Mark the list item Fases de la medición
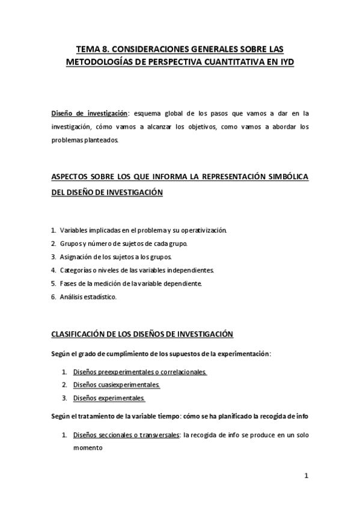click(130, 283)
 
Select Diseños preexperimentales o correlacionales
click(139, 372)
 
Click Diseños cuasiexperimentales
click(117, 386)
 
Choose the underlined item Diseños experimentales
click(109, 399)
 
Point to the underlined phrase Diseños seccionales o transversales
click(126, 435)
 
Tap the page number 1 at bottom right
click(306, 476)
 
